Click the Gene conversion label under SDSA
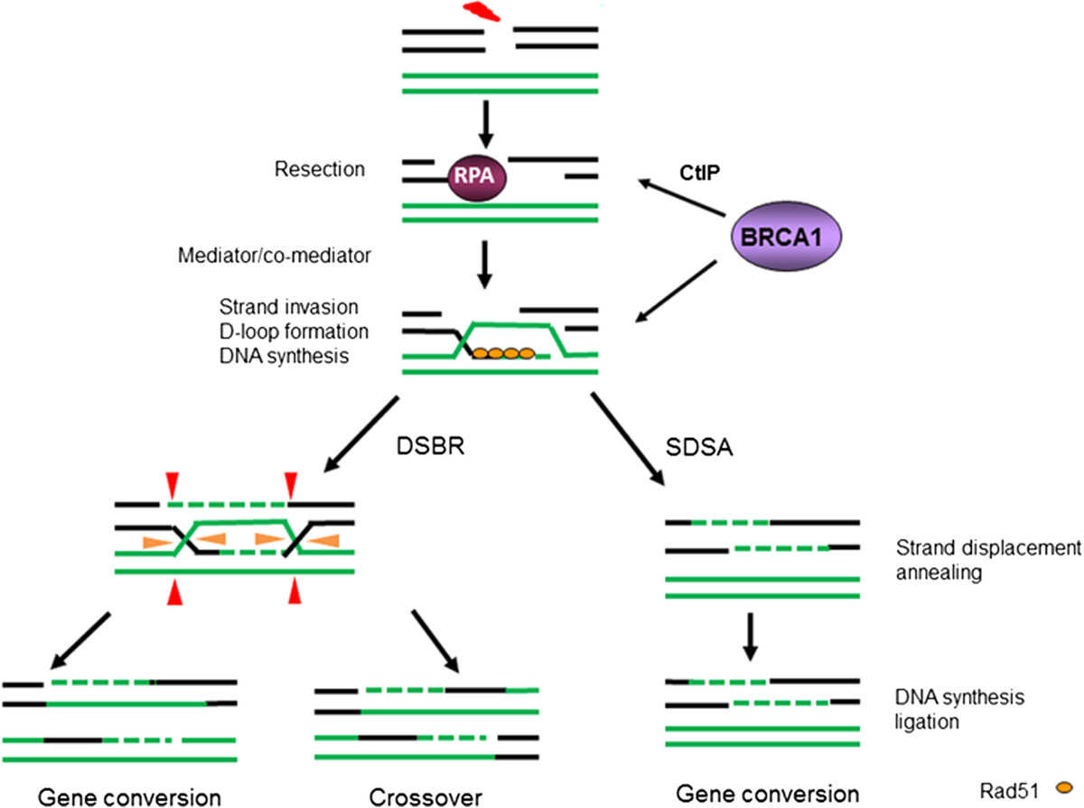767,794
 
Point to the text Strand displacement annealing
987,559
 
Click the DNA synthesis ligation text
949,710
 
